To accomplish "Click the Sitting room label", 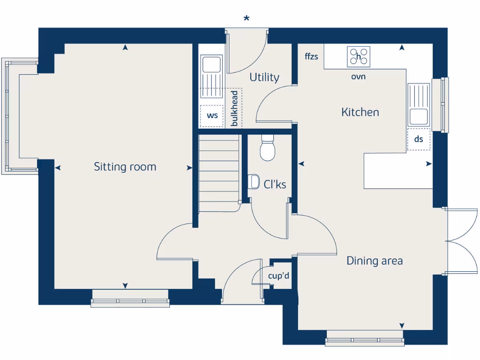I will coord(125,167).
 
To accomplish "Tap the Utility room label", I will coord(264,77).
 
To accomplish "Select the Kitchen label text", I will coord(360,112).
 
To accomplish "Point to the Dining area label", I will coord(375,261).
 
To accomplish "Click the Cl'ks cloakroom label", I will coord(275,185).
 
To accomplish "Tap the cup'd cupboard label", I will coord(278,277).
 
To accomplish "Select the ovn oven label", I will coord(359,77).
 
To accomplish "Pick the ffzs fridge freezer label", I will coord(311,57).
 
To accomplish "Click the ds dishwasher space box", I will coord(419,139).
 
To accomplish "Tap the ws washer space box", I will coord(212,116).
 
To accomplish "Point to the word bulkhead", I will coord(234,108).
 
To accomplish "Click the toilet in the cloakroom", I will coord(268,149).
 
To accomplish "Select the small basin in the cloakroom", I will coord(254,181).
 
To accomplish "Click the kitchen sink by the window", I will coord(418,104).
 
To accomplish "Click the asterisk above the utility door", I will coord(247,19).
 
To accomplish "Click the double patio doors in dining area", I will coord(462,241).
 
